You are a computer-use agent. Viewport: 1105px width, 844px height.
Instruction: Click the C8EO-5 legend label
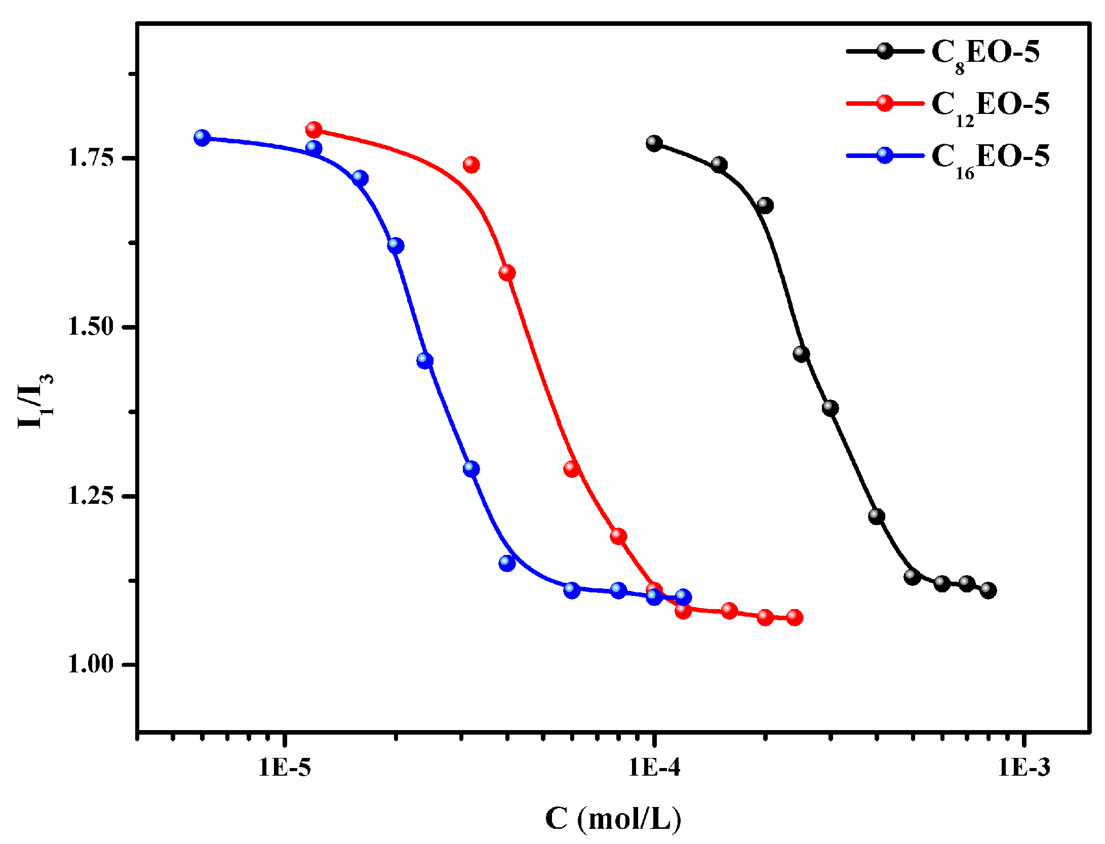[985, 53]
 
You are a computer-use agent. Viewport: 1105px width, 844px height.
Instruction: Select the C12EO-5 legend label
[990, 105]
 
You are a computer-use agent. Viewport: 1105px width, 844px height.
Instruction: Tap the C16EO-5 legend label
[990, 157]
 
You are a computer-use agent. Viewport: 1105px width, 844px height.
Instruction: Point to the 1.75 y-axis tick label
[91, 158]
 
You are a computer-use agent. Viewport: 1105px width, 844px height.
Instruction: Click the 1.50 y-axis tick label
[91, 327]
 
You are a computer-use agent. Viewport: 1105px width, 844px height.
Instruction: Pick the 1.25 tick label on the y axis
[91, 496]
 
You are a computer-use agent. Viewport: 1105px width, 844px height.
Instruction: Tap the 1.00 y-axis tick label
[91, 664]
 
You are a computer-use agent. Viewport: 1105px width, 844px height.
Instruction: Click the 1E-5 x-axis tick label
[285, 768]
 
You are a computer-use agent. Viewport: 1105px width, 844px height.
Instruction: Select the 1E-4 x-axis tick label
[654, 768]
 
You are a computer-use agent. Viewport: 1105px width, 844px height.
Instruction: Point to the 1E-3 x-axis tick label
[1024, 768]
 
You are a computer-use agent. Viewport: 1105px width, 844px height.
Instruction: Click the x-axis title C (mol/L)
[613, 819]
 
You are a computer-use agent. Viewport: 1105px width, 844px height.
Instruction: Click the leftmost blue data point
[202, 138]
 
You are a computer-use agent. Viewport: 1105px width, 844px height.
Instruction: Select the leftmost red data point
[313, 130]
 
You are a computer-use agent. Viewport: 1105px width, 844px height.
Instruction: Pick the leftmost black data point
[654, 143]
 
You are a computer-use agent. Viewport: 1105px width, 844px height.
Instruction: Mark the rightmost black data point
[988, 590]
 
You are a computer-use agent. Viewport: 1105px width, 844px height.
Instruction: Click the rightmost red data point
[794, 617]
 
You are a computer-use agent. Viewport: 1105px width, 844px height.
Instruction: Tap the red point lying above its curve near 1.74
[471, 165]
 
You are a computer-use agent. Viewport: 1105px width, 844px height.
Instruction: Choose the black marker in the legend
[884, 51]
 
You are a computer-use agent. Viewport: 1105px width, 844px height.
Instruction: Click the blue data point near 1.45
[425, 361]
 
